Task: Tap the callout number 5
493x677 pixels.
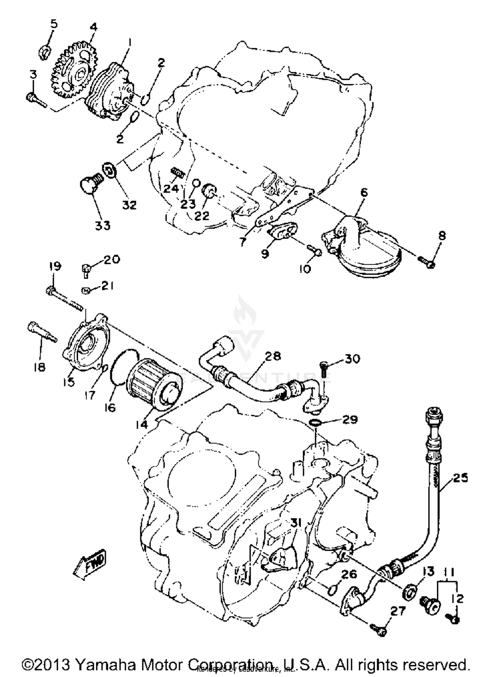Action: (x=54, y=24)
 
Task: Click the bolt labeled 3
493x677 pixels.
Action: (x=35, y=99)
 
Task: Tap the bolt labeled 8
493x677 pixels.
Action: (x=427, y=262)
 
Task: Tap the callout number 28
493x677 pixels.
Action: (x=273, y=356)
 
